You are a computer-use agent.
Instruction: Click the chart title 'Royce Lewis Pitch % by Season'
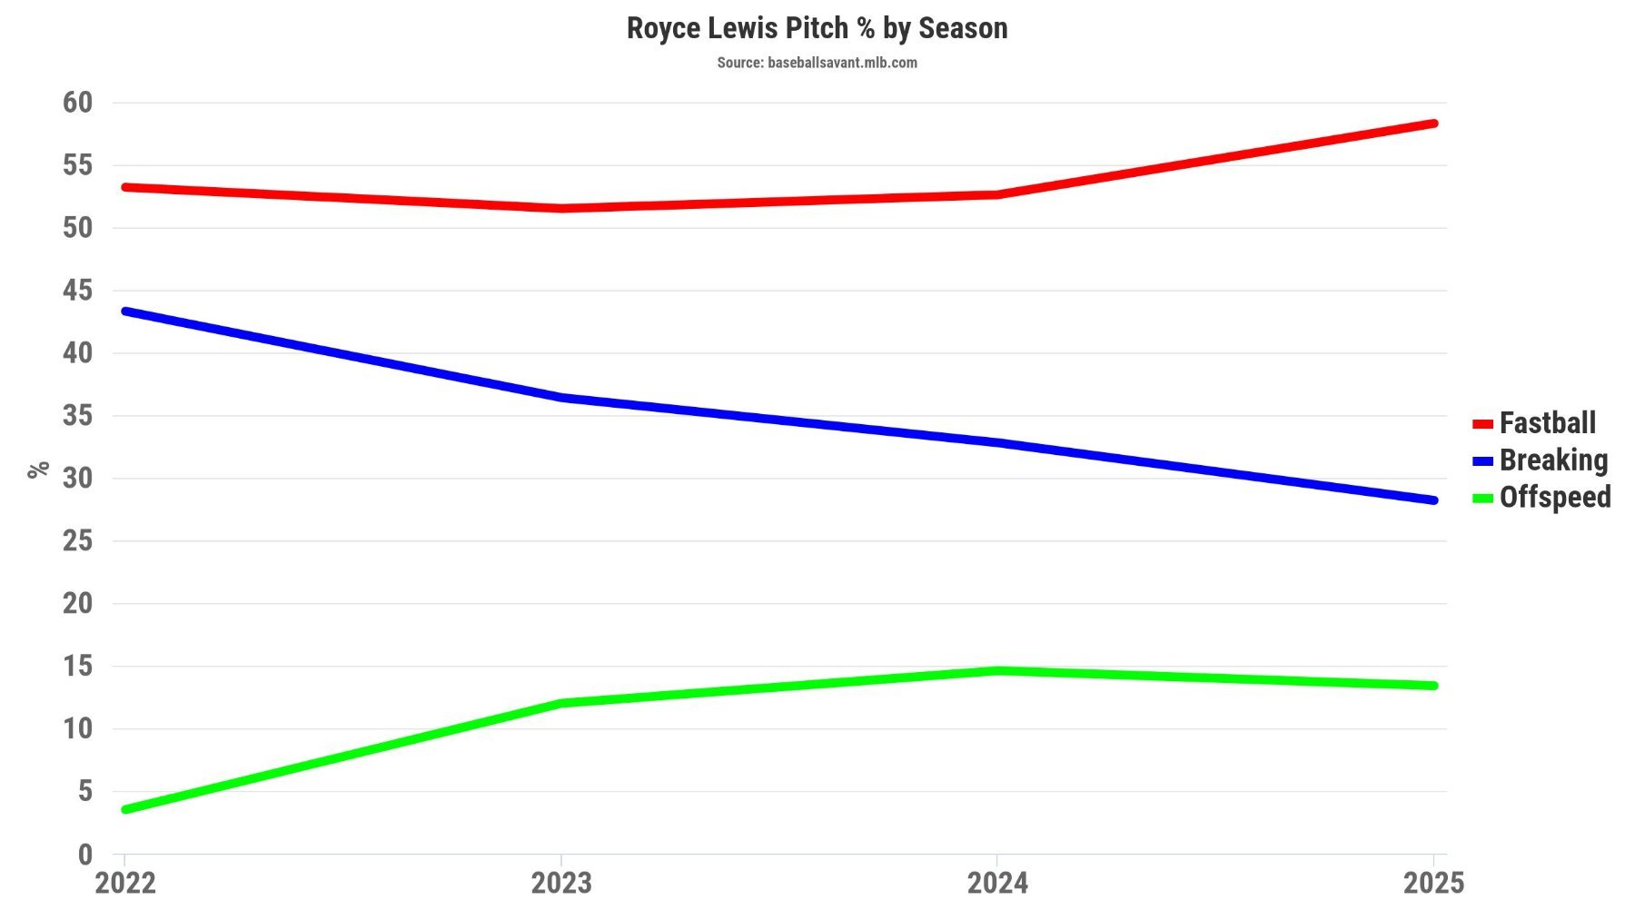(x=817, y=28)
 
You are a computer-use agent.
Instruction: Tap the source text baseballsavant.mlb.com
(x=817, y=63)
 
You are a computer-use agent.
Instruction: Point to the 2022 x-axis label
(x=125, y=883)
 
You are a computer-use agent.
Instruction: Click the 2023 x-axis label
(x=561, y=883)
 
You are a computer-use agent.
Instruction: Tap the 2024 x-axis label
(x=997, y=883)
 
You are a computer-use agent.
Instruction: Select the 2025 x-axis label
(x=1433, y=883)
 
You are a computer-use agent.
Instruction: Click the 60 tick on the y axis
(x=78, y=103)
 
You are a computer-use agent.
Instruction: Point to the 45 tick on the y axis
(x=78, y=291)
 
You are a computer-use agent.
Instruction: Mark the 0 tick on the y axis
(x=85, y=855)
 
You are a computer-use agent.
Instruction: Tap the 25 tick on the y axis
(x=78, y=541)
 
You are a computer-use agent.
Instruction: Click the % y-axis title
(x=38, y=470)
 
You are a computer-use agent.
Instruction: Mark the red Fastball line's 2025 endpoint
(x=1433, y=124)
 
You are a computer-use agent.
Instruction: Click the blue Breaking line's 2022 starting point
(x=125, y=312)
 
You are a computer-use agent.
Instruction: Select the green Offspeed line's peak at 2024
(x=997, y=670)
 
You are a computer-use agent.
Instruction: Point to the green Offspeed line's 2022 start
(x=125, y=809)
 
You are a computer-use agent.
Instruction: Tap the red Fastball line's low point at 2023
(x=561, y=209)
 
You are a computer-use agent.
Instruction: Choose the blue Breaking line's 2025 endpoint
(x=1433, y=500)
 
